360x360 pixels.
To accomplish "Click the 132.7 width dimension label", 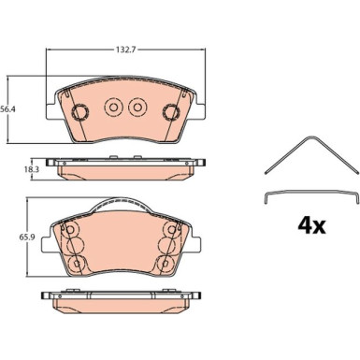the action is coord(125,50).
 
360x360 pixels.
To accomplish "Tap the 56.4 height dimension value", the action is coord(8,109).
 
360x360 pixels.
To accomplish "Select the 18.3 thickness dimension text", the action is coord(24,170).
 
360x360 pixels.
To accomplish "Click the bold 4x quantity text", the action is coord(311,226).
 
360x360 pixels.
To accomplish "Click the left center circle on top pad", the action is coord(113,108).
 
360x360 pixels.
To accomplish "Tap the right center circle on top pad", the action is coord(137,108).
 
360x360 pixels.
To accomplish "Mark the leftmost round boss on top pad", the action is coord(80,111).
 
